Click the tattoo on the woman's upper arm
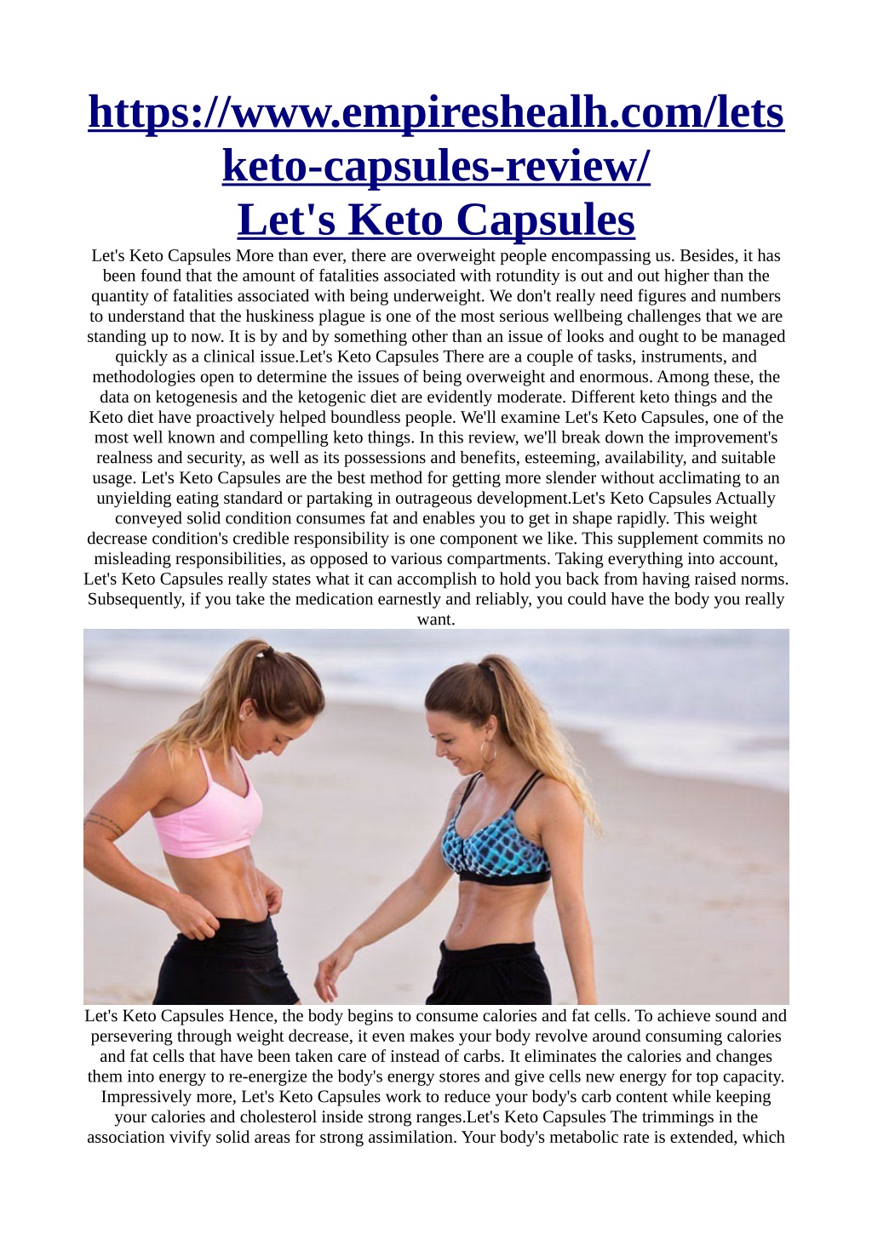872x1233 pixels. (x=105, y=823)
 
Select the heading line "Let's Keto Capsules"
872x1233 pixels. (x=436, y=220)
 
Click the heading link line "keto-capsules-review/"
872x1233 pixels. (x=436, y=165)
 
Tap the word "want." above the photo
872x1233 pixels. (x=436, y=619)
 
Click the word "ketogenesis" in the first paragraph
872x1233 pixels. (x=197, y=397)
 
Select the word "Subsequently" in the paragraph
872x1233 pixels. (x=136, y=599)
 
